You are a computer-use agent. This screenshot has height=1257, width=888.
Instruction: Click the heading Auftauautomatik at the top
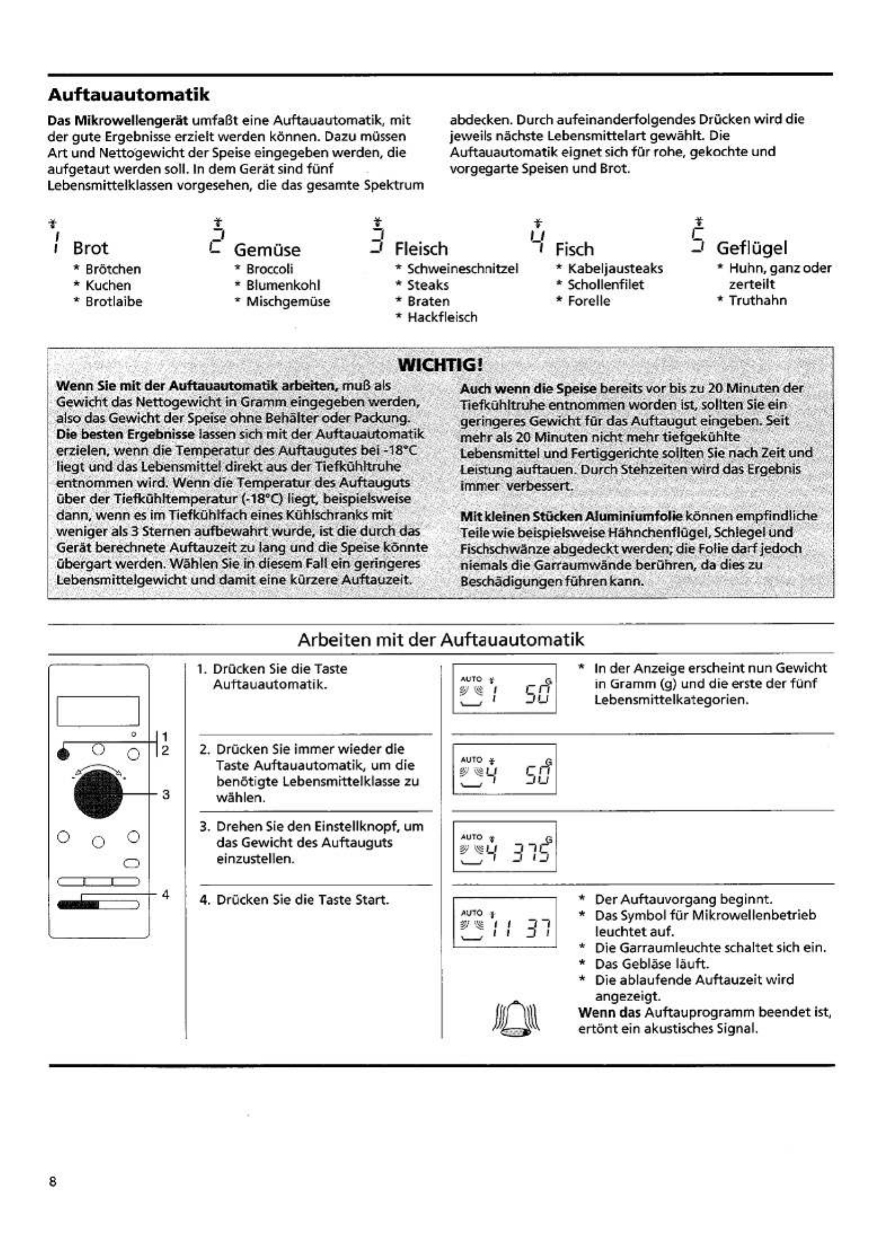(x=128, y=94)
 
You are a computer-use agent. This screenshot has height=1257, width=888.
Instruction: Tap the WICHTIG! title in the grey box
(x=440, y=365)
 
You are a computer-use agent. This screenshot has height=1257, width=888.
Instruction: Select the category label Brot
(x=90, y=248)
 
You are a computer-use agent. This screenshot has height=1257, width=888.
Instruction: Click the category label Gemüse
(x=267, y=249)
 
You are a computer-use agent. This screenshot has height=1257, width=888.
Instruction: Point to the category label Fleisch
(x=421, y=249)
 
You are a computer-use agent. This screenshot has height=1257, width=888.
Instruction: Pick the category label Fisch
(x=575, y=249)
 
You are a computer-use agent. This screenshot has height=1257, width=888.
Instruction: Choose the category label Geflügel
(x=752, y=247)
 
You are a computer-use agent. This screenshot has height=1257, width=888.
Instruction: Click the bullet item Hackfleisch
(x=442, y=317)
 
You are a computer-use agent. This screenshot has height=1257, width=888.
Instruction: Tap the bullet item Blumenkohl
(x=283, y=285)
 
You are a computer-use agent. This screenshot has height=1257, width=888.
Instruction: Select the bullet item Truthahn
(x=757, y=300)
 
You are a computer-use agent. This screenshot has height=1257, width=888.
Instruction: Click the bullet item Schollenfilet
(x=605, y=285)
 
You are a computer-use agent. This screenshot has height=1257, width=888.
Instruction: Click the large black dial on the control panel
(x=98, y=794)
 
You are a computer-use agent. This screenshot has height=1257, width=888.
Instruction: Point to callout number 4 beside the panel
(x=165, y=894)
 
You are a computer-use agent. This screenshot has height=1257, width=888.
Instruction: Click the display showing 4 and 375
(x=504, y=847)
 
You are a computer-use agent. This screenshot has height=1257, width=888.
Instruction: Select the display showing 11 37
(x=504, y=922)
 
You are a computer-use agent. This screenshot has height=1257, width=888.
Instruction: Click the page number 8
(x=53, y=1182)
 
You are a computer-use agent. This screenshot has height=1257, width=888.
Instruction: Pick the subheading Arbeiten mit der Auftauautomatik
(x=441, y=640)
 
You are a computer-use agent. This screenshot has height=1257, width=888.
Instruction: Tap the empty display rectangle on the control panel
(x=98, y=711)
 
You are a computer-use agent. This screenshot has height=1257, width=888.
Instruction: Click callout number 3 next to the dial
(x=166, y=794)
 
